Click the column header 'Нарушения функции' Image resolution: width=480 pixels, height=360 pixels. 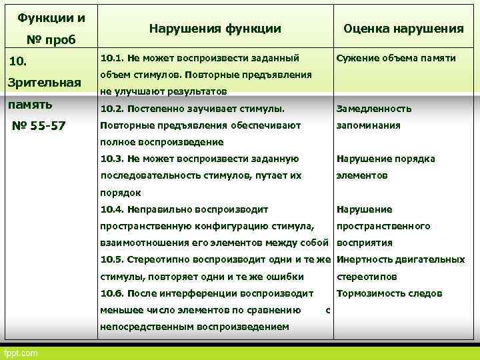pos(215,29)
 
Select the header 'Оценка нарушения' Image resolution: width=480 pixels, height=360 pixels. pos(403,29)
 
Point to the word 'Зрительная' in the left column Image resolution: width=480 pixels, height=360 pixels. pos(43,83)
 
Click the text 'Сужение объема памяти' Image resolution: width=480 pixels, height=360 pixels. pos(396,58)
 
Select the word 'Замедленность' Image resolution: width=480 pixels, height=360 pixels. pos(374,109)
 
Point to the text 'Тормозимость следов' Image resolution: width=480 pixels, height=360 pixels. pos(389,293)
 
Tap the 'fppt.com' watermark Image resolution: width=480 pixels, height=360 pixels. pos(21,353)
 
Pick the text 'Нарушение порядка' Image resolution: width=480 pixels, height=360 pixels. pos(386,159)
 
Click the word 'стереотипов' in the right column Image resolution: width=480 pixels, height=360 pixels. pos(367,277)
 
